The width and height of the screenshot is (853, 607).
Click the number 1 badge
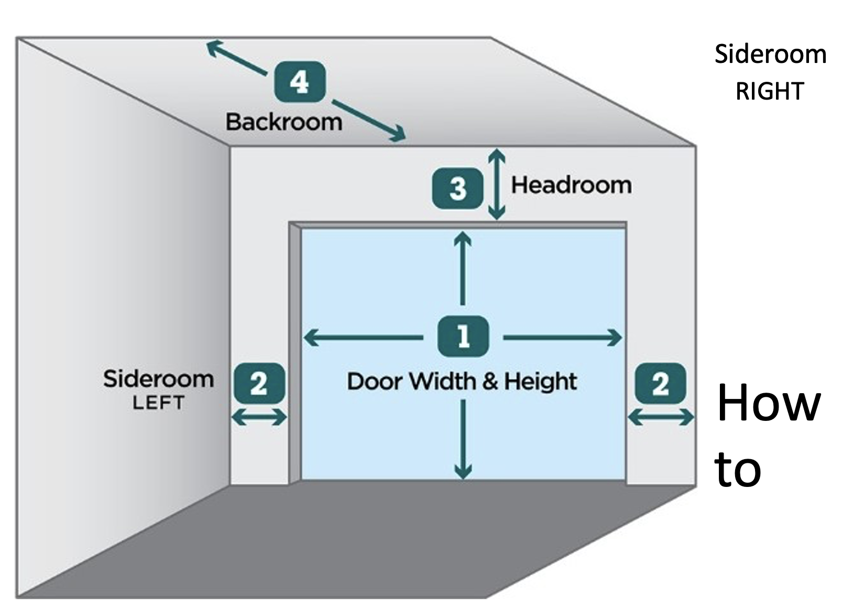(463, 337)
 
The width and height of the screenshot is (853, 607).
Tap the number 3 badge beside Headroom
(457, 188)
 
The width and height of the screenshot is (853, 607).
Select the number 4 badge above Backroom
(300, 81)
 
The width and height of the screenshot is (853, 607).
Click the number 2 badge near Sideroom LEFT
(259, 383)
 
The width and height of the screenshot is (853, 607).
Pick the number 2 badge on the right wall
(660, 383)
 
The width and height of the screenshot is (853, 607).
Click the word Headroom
(571, 185)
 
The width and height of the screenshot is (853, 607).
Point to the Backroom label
(284, 122)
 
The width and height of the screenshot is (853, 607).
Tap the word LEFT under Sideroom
(158, 403)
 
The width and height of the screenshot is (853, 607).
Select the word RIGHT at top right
(770, 92)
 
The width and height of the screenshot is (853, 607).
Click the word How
(768, 403)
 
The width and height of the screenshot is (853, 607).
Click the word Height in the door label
(540, 381)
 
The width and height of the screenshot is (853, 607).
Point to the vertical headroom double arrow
(496, 184)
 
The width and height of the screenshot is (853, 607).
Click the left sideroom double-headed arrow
(259, 418)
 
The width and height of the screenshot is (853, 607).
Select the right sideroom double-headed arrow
(661, 418)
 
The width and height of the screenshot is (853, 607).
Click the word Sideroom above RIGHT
(770, 55)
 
